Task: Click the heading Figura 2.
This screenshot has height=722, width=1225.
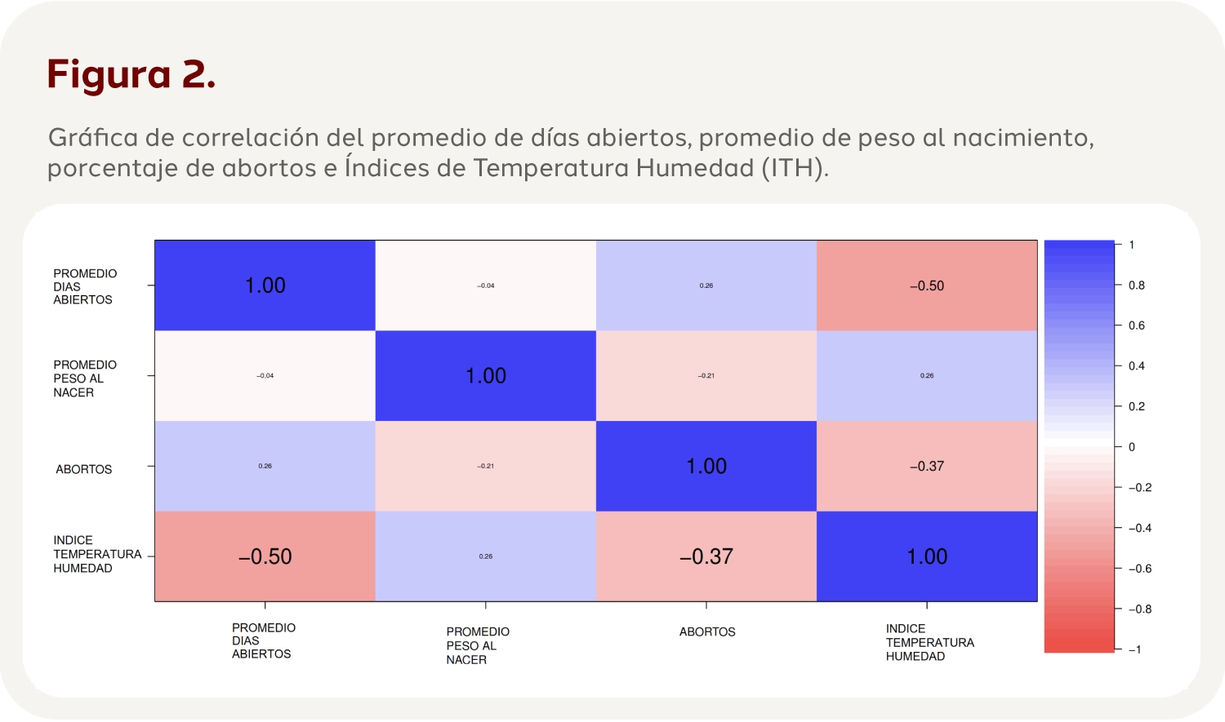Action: [x=131, y=74]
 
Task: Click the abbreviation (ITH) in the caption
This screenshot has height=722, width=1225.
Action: [x=795, y=168]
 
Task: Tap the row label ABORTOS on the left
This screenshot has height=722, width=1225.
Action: [x=83, y=469]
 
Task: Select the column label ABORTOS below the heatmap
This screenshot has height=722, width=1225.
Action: [x=707, y=632]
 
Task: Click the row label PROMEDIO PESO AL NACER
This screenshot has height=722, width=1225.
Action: [x=84, y=379]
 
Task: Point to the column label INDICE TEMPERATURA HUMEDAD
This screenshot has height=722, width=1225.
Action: [x=929, y=643]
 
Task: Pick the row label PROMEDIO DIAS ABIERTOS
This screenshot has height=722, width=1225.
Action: [x=84, y=286]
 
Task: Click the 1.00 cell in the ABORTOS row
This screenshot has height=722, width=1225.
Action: [x=706, y=467]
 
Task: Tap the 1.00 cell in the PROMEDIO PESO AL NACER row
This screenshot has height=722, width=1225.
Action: [x=486, y=376]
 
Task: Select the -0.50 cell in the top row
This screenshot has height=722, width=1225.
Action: [x=927, y=286]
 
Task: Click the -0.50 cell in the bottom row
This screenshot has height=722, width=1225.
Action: [x=265, y=557]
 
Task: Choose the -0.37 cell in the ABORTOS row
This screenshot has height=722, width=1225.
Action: [x=927, y=467]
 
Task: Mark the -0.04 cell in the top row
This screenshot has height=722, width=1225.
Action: [x=486, y=286]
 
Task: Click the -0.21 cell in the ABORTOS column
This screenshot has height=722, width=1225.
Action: [x=706, y=376]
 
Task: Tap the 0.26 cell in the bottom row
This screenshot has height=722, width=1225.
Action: [x=486, y=557]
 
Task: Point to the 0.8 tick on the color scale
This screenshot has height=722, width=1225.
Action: [x=1136, y=286]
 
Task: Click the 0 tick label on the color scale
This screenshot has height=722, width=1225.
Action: [x=1131, y=447]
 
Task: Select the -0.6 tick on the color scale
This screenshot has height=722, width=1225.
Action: [x=1139, y=569]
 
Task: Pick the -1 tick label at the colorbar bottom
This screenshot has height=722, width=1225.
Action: [x=1134, y=649]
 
